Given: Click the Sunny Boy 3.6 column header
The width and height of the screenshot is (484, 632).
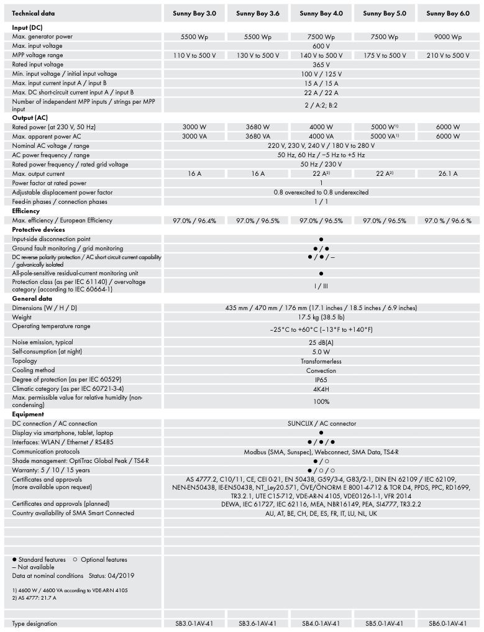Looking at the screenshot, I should coord(258,13).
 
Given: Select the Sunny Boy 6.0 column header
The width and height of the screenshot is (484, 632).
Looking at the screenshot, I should coord(448,13).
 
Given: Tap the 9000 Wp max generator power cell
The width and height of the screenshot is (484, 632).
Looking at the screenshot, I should coord(448,37).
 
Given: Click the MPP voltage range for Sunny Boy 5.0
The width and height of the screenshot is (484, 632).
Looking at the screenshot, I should coord(385,55).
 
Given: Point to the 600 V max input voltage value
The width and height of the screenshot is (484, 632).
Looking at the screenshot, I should coord(321,46).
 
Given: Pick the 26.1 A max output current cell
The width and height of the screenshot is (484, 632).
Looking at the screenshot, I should coord(448,174).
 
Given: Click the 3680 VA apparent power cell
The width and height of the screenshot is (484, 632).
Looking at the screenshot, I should coord(258,136).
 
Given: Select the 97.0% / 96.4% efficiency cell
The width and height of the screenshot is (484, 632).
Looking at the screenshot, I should coord(194,221).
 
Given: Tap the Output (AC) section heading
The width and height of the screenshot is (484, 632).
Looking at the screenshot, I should coord(30,118).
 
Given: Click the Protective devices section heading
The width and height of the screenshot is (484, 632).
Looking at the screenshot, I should coord(39,230).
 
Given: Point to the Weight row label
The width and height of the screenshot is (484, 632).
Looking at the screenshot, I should coord(22,317).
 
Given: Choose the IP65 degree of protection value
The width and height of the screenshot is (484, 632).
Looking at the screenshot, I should coord(321,379).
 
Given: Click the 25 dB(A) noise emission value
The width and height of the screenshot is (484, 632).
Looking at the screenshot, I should coord(321,342).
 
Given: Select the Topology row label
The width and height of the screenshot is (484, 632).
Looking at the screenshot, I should coord(25,360).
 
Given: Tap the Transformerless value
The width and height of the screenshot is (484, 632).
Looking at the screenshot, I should coord(321,361).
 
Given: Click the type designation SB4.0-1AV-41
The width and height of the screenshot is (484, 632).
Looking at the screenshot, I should coord(321,623).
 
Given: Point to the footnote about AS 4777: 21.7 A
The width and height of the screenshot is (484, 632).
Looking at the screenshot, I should coord(34,598).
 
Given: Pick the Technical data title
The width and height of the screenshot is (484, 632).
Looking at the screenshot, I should coord(33,13).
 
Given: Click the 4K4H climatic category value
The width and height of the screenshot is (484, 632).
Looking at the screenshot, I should coord(321,388).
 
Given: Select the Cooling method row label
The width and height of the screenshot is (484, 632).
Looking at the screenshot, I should coord(34,370).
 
